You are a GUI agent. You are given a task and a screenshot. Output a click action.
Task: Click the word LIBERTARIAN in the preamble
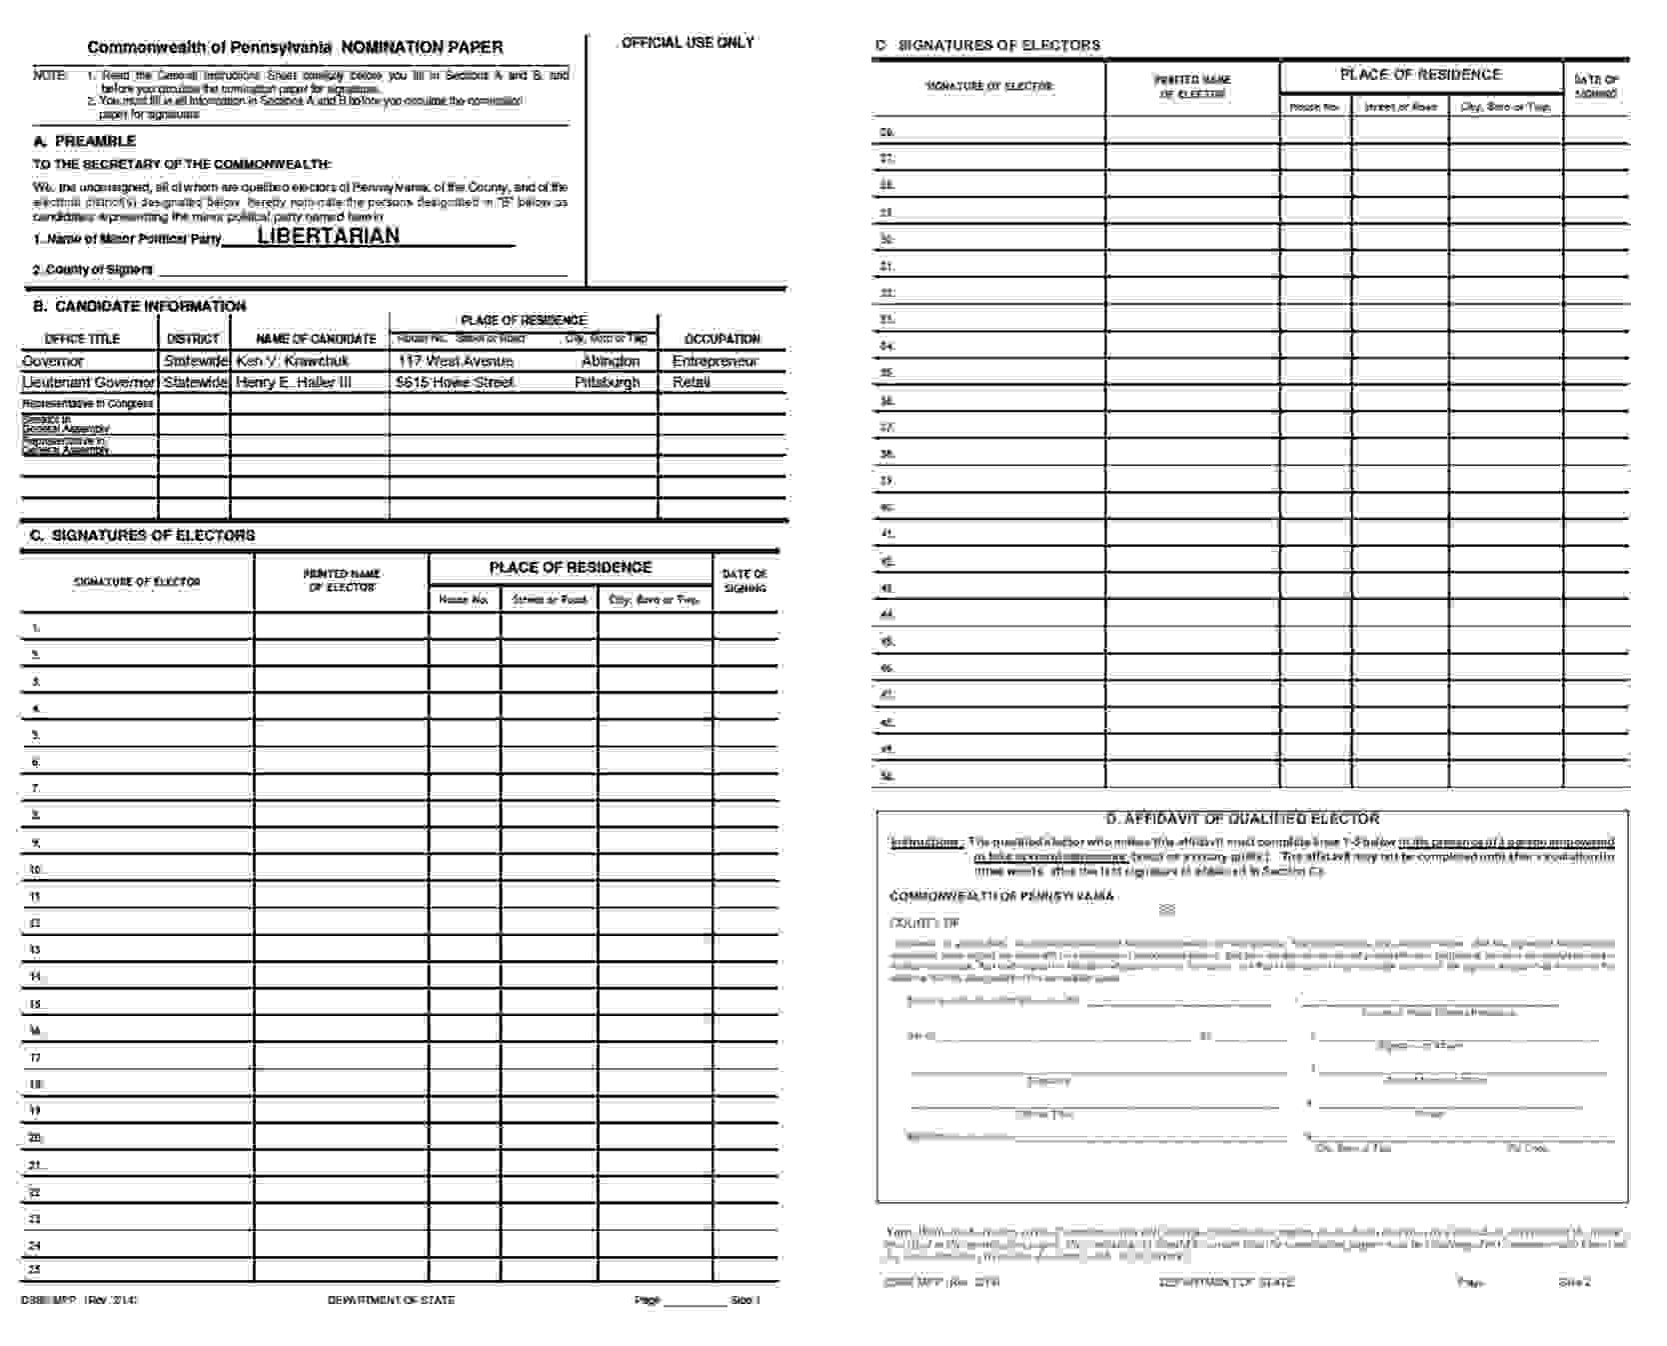point(328,236)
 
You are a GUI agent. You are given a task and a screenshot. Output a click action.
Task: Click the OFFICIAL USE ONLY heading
point(688,42)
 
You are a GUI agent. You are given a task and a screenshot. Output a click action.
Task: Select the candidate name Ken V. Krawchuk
point(293,361)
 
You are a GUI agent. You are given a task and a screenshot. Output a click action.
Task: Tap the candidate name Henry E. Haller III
point(294,382)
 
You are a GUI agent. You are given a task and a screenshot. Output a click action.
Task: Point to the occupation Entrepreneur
point(715,361)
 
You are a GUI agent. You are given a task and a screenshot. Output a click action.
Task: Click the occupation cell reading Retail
point(692,382)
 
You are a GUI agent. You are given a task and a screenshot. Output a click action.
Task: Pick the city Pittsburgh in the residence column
point(607,382)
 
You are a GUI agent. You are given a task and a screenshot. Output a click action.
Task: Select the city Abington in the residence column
point(610,361)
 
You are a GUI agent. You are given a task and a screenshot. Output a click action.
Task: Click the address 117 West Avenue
point(456,361)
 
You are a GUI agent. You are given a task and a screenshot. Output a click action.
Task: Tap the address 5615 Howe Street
point(455,382)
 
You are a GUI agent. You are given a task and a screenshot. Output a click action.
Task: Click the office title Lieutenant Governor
point(88,382)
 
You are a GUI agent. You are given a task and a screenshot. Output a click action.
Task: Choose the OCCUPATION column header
point(722,339)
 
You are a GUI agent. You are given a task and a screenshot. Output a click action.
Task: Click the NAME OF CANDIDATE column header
point(316,339)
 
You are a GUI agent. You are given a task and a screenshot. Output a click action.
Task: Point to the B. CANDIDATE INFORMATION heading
point(139,306)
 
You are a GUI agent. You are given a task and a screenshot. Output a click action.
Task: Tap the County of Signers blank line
point(362,270)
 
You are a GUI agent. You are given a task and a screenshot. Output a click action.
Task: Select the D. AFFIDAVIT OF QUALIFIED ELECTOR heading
point(1242,818)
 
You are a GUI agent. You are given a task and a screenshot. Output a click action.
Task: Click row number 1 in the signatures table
point(36,628)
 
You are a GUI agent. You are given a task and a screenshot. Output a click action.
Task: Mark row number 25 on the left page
point(35,1269)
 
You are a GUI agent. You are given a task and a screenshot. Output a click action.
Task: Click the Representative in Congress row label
point(88,403)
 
